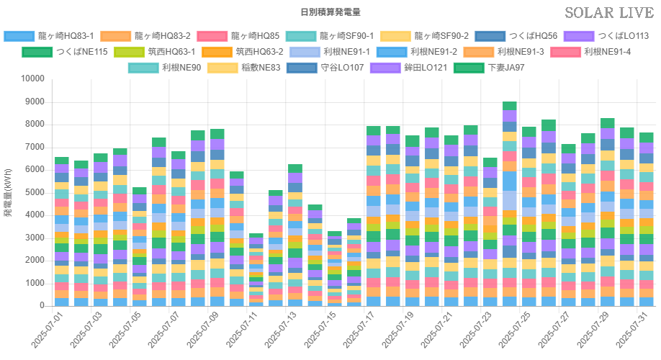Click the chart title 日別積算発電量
(330, 12)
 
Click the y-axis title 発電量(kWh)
(9, 192)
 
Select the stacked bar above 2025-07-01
(61, 231)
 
